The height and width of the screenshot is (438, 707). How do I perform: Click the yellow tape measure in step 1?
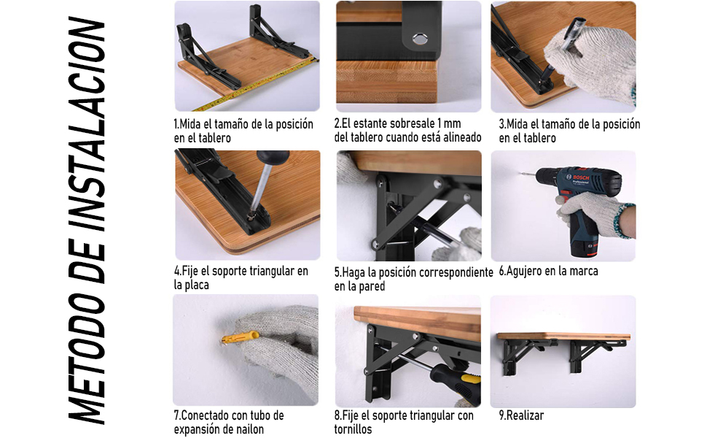coord(256,82)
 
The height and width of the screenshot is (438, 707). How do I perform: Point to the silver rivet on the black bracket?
coord(420,39)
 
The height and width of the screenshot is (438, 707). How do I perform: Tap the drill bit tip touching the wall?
coord(521,173)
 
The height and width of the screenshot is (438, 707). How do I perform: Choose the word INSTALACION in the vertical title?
coord(87,125)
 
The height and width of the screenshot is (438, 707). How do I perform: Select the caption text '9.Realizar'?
coord(521,415)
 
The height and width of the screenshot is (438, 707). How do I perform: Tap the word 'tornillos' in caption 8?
coord(353,429)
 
